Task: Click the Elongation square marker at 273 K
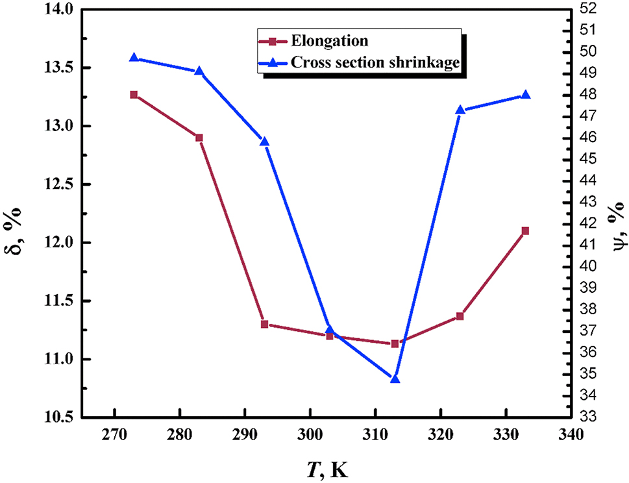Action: [134, 95]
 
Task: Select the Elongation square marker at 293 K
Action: [264, 324]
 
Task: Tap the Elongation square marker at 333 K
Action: [525, 231]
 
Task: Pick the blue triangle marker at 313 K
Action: [395, 378]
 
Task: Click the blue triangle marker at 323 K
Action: [460, 110]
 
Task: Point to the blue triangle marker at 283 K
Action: [199, 71]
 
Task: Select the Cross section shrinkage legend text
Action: [376, 62]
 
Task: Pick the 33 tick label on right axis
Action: [589, 416]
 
